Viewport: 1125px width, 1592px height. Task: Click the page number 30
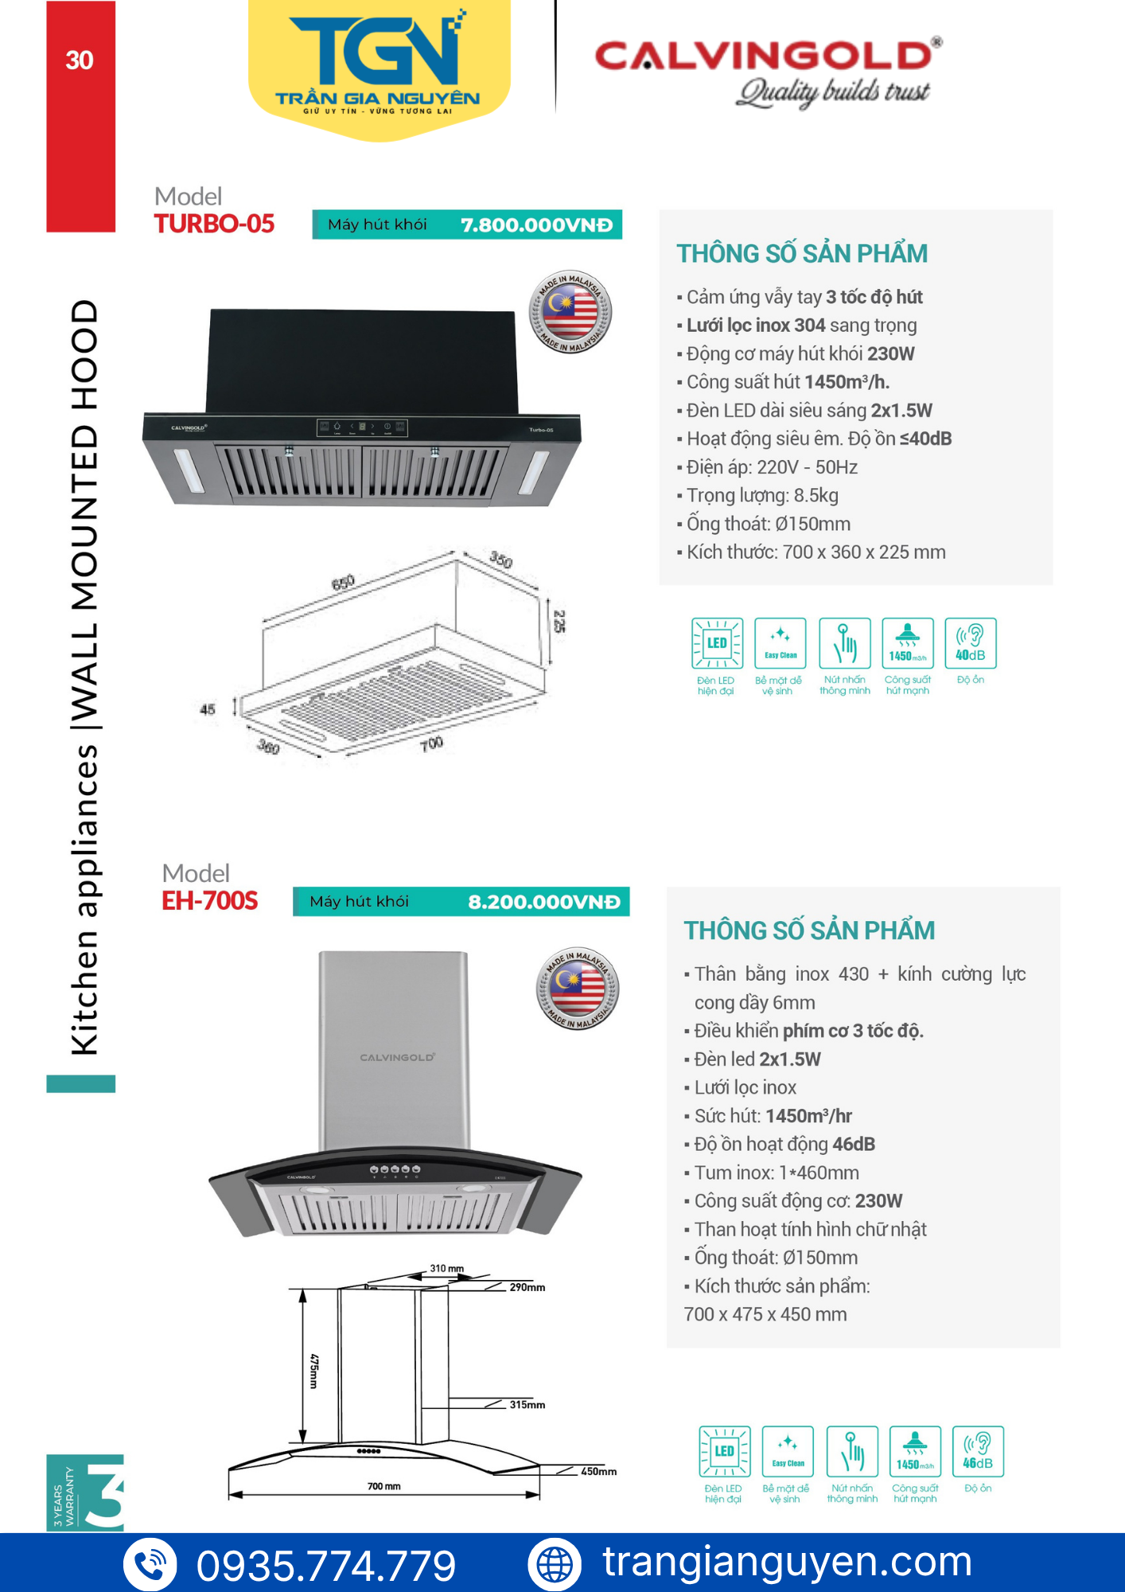point(80,60)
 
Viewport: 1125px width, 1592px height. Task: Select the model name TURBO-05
point(214,224)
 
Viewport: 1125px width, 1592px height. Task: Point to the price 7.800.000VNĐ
point(537,225)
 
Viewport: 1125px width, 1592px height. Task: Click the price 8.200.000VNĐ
point(544,902)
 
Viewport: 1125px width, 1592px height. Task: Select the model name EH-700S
point(210,900)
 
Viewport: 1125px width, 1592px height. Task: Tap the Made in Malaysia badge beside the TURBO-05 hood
point(570,311)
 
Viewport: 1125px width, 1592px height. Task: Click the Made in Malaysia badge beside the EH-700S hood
point(578,988)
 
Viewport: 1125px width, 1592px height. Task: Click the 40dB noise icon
point(970,643)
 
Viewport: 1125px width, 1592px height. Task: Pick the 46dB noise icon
point(978,1451)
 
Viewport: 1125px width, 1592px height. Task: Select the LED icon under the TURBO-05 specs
point(717,643)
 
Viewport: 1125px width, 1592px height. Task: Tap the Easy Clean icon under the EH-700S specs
point(788,1451)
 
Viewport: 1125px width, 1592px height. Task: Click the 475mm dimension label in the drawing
point(314,1371)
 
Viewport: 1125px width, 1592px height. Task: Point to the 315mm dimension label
point(527,1405)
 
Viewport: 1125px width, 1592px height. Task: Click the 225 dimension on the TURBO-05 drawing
point(559,621)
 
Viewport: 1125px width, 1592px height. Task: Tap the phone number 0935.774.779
point(326,1566)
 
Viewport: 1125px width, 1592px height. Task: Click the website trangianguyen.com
point(787,1562)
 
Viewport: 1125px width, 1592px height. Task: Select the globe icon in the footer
point(555,1564)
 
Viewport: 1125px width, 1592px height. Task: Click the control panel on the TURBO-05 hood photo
point(362,427)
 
